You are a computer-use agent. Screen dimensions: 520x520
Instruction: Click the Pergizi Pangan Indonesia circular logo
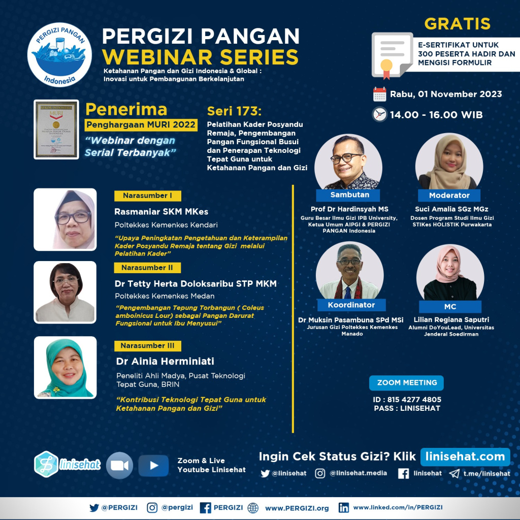[x=59, y=54]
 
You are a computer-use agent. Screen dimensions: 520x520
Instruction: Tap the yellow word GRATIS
[x=458, y=23]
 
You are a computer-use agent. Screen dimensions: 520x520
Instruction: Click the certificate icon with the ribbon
[x=392, y=55]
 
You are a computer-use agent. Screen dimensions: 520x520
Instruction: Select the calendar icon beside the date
[x=379, y=94]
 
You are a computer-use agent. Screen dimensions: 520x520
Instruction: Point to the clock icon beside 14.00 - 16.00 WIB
[x=379, y=114]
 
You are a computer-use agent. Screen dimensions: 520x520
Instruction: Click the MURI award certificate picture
[x=56, y=129]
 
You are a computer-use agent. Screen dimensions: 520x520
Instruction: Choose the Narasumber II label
[x=147, y=268]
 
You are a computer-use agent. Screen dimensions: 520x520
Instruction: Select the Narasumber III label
[x=147, y=346]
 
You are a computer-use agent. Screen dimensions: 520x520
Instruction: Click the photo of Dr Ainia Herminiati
[x=65, y=367]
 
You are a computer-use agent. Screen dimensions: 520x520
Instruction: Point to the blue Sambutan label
[x=349, y=195]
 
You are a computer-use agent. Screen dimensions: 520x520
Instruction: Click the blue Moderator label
[x=449, y=195]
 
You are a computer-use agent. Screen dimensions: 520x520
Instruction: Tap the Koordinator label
[x=351, y=305]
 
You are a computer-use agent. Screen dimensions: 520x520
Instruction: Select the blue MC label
[x=449, y=307]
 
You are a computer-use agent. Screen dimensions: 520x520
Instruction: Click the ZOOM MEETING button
[x=407, y=382]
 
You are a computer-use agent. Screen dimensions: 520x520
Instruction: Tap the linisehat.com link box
[x=465, y=457]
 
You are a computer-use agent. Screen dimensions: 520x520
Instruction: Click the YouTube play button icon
[x=153, y=465]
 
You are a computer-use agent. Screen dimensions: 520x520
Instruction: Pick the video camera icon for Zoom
[x=119, y=465]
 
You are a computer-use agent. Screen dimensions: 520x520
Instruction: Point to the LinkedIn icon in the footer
[x=344, y=507]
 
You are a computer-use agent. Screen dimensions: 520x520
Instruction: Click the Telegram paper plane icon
[x=453, y=473]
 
